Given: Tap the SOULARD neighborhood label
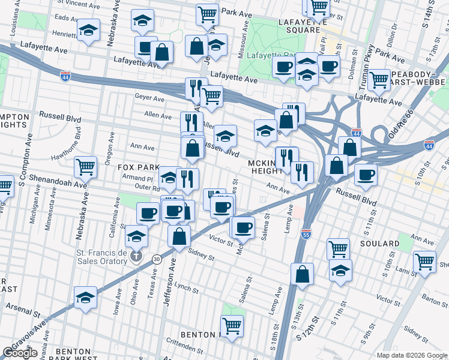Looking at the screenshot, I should coord(379,244).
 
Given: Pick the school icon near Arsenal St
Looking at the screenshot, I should coord(85,296).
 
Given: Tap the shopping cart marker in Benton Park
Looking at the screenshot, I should coord(232,326).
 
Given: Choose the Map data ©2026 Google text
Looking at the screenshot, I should coord(411,355).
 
